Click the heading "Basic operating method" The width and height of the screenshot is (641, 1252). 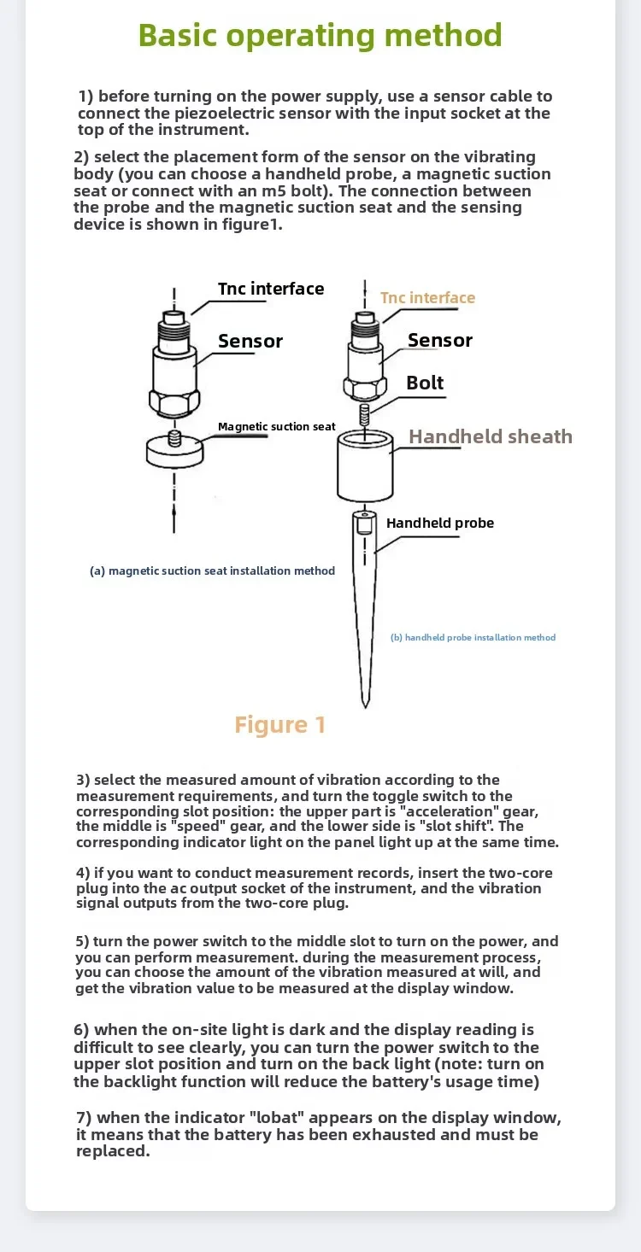coord(320,36)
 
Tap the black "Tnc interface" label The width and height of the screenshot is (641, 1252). coord(270,289)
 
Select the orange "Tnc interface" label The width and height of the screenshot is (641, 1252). coord(427,298)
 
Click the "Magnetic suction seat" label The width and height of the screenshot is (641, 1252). coord(276,426)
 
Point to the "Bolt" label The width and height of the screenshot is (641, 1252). coord(425,383)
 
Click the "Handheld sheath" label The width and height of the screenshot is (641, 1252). coord(490,436)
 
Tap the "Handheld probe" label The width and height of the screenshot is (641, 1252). coord(439,523)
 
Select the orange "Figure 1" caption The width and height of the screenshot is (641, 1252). coord(280,725)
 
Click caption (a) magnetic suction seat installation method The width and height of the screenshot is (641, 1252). coord(212,570)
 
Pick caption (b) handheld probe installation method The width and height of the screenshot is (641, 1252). coord(473,637)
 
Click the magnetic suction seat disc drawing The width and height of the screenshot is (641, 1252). coord(174,450)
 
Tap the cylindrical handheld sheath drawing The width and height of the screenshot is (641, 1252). coord(365,468)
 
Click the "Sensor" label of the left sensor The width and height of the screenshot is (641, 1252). coord(250,342)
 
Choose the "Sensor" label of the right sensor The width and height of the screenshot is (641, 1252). coord(439,341)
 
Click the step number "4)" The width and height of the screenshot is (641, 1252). coord(83,873)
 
